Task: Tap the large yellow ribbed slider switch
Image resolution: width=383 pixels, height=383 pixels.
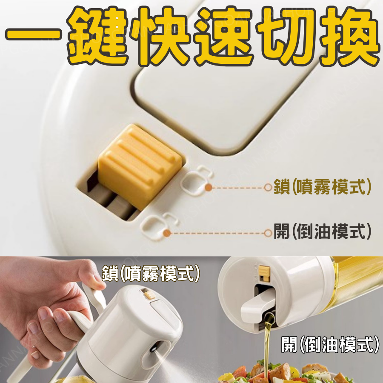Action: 140,166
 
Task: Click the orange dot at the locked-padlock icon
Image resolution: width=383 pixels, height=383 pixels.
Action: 209,187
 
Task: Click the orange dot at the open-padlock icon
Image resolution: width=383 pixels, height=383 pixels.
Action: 167,233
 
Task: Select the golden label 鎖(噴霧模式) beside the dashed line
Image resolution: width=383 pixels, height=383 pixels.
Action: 322,187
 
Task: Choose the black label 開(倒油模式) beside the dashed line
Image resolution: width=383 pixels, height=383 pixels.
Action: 322,232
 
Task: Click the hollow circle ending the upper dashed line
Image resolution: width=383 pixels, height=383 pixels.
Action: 268,187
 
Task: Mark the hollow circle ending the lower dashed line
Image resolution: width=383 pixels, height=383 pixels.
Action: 268,233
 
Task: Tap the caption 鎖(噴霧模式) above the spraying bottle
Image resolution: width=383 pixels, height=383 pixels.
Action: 151,274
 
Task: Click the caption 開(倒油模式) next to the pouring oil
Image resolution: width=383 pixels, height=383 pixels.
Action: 331,344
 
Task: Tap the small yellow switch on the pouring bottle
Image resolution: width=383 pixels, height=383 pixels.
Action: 264,273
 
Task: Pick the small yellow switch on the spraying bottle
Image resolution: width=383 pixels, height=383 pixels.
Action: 149,294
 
